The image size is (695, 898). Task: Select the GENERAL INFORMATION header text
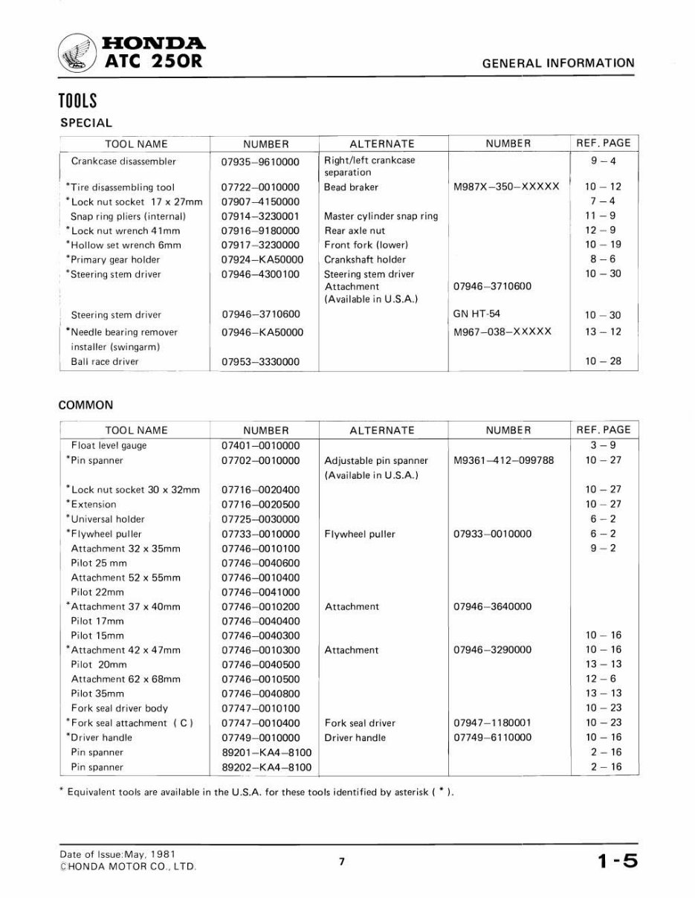click(x=558, y=64)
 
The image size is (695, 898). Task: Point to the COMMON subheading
click(x=85, y=405)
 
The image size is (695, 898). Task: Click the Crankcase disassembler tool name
click(x=123, y=161)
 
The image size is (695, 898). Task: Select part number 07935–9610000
click(x=260, y=161)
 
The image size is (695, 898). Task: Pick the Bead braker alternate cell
click(x=351, y=187)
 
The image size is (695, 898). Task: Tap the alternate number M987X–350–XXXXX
click(x=505, y=187)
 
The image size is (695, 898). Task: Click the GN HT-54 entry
click(x=476, y=314)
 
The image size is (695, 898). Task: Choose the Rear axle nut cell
click(x=355, y=230)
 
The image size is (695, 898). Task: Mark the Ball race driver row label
click(x=105, y=362)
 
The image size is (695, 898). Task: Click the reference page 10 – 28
click(x=602, y=362)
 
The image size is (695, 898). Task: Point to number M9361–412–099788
click(x=503, y=461)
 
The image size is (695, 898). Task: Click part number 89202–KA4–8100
click(x=266, y=767)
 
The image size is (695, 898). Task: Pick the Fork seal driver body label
click(x=119, y=708)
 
